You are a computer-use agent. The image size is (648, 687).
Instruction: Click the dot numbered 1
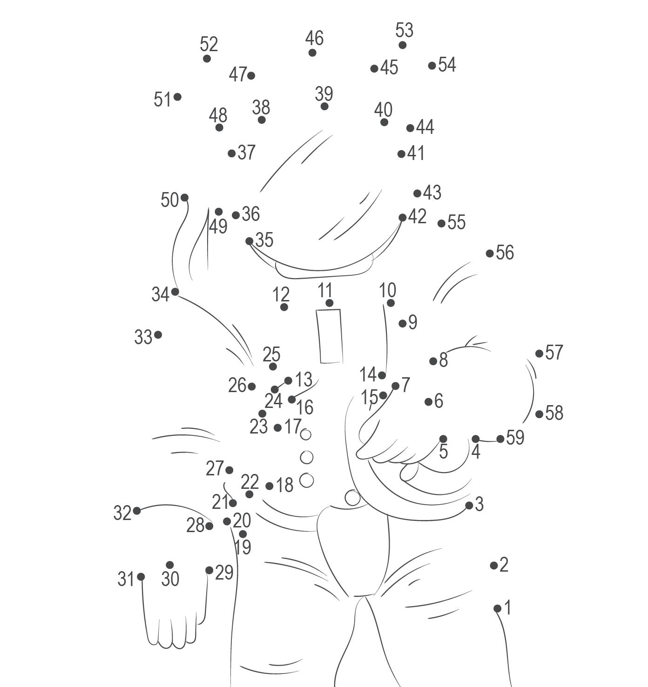coord(497,608)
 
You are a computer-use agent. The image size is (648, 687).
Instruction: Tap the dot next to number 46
coord(312,53)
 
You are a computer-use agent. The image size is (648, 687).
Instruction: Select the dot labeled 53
coord(402,45)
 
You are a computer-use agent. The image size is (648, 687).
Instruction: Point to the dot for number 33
coord(158,335)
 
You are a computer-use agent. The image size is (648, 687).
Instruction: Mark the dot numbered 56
coord(490,253)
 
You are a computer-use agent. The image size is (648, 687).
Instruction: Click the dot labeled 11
coord(330,303)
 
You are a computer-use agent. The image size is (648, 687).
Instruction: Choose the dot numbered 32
coord(137,511)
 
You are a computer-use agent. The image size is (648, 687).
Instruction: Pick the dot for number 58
coord(539,414)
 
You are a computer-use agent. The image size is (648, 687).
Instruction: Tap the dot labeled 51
coord(177,97)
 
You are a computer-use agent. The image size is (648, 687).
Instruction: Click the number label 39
coord(324,93)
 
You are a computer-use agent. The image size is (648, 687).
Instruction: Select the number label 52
coord(209,44)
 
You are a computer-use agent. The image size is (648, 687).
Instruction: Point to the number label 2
coord(504,565)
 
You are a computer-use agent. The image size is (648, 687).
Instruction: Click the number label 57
coord(554,352)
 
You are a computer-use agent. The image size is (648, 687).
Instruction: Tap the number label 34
coord(160,294)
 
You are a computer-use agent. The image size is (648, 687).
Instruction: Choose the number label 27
coord(215,468)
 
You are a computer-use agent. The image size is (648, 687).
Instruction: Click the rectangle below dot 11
coord(330,336)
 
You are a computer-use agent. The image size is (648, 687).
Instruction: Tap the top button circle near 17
coord(305,435)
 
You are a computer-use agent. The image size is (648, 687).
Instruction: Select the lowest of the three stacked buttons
coord(306,480)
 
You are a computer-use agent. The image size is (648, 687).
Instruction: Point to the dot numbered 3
coord(469,505)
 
